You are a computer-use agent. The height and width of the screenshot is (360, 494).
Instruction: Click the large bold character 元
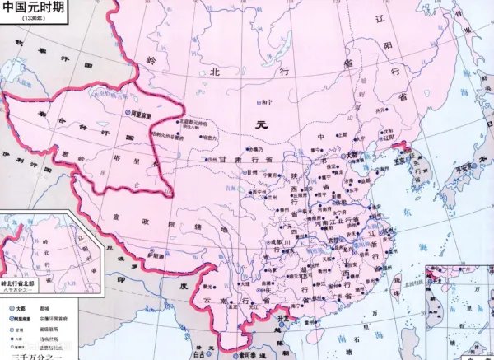263,126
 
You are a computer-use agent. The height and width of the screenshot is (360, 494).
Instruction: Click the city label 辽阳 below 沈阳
387,140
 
